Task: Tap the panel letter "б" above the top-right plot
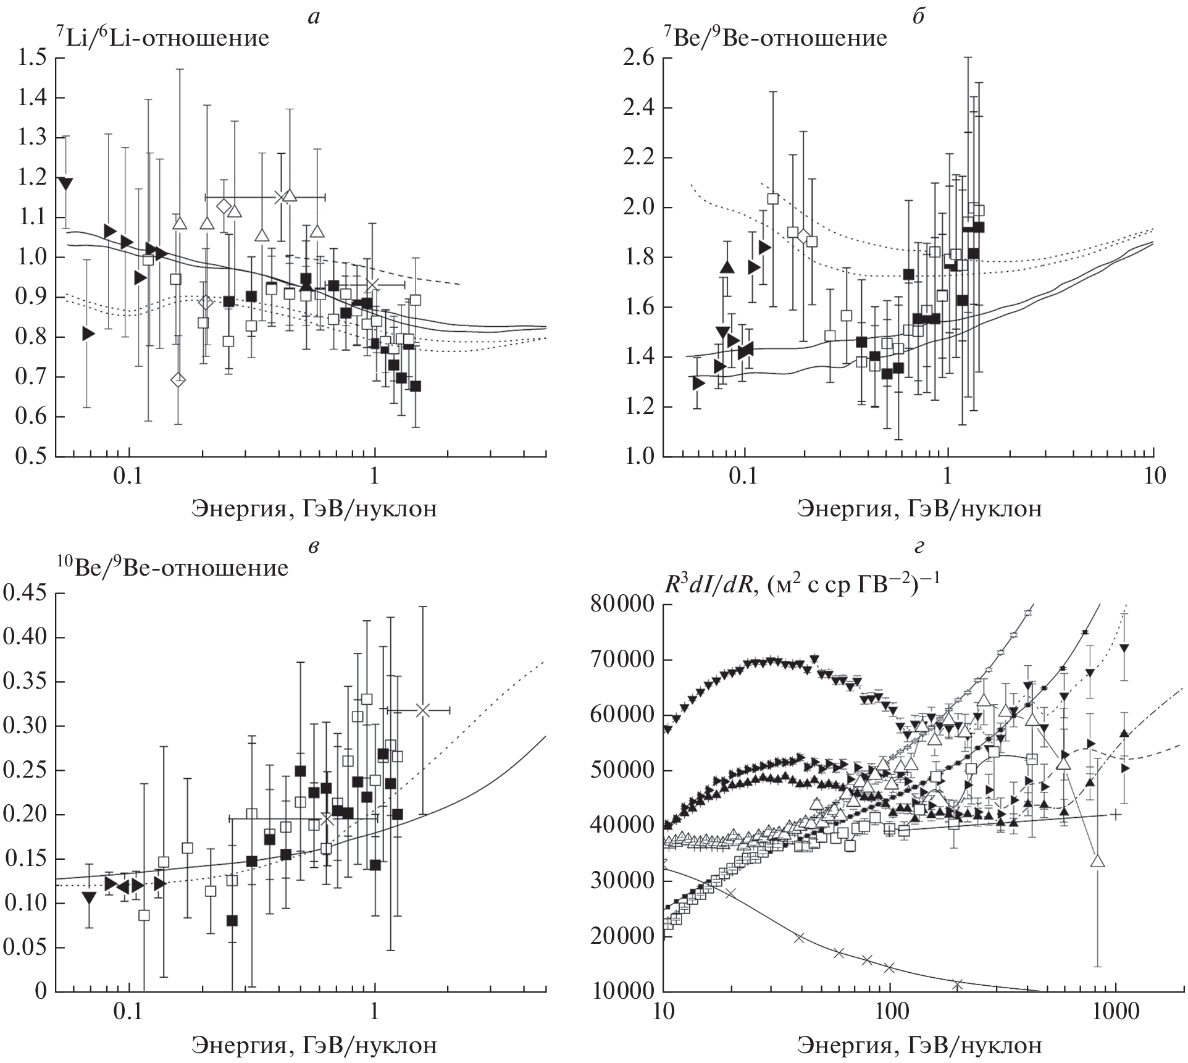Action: click(x=918, y=16)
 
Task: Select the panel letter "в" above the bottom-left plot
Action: click(x=314, y=546)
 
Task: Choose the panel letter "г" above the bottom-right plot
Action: click(x=918, y=546)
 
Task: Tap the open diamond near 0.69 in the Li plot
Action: click(x=178, y=379)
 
